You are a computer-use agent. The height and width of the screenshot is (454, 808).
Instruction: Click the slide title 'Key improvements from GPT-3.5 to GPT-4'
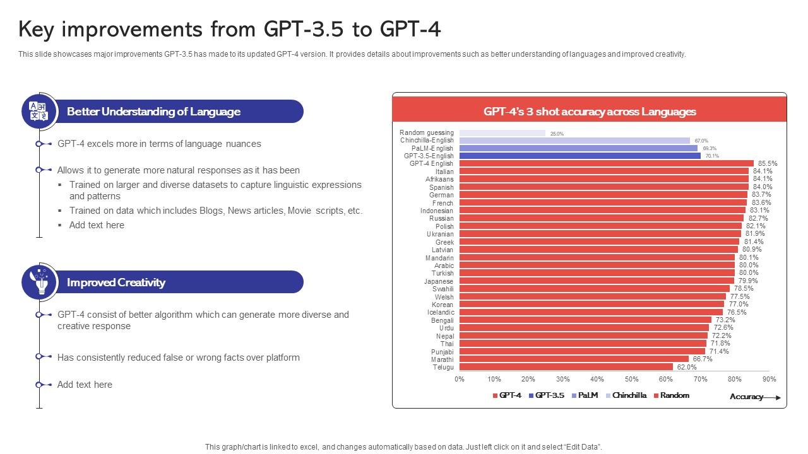(229, 29)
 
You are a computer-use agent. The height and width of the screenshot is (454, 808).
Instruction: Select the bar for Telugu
(566, 367)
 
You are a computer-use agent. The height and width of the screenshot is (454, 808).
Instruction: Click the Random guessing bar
(502, 133)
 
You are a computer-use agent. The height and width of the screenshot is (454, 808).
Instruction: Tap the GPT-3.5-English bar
(579, 156)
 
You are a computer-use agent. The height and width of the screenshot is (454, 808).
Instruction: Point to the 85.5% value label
(768, 163)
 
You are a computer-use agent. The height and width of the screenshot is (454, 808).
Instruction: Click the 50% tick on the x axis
(631, 379)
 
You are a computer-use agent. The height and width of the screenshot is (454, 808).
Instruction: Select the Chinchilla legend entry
(626, 395)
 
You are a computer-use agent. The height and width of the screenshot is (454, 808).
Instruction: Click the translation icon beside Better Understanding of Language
(39, 111)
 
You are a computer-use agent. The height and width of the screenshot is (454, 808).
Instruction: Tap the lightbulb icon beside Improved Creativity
(39, 282)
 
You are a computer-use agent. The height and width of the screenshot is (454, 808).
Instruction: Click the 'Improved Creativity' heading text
(116, 282)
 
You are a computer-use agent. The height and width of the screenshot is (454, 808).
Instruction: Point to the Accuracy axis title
(746, 397)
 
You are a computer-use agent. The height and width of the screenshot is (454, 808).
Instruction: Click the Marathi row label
(443, 359)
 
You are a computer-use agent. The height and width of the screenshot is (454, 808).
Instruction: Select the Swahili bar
(594, 289)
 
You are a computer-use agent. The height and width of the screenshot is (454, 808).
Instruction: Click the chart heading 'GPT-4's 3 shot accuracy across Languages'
(590, 112)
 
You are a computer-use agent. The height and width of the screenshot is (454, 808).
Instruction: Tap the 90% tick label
(769, 379)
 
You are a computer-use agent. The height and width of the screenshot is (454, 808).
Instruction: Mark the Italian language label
(444, 172)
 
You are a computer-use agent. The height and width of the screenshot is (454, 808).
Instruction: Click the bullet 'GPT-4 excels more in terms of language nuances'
(159, 144)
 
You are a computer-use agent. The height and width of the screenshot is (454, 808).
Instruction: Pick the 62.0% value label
(686, 367)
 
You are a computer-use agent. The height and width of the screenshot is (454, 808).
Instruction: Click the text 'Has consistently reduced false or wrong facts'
(178, 358)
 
